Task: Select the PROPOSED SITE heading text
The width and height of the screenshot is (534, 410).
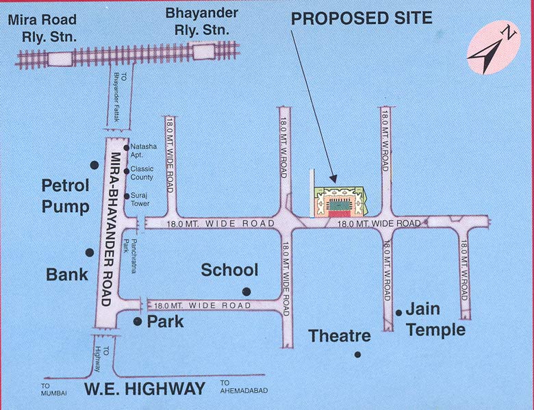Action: [x=361, y=18]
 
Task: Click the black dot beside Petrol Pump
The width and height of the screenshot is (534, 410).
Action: [x=94, y=164]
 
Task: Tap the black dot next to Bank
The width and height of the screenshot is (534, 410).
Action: [x=89, y=253]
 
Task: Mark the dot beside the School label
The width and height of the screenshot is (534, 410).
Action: [x=246, y=292]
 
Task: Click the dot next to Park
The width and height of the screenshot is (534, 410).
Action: [x=138, y=321]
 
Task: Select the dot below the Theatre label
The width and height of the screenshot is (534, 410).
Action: [x=357, y=355]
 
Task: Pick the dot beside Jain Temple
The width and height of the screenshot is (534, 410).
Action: [x=398, y=313]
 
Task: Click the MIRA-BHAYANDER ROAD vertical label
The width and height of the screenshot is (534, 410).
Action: [x=110, y=229]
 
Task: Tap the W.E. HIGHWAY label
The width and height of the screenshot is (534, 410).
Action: [x=144, y=389]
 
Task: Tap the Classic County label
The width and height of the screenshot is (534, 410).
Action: [x=142, y=172]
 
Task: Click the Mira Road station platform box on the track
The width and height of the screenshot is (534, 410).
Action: [x=61, y=58]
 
